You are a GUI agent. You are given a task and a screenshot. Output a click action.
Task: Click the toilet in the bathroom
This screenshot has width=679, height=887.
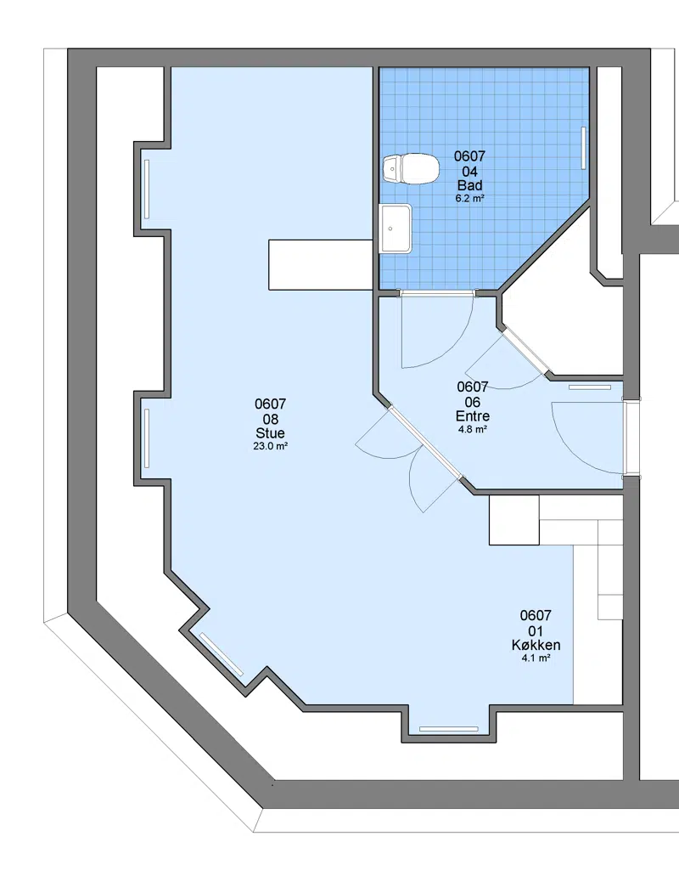tap(411, 169)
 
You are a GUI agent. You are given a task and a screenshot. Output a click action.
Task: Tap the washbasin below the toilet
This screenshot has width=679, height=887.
tap(396, 228)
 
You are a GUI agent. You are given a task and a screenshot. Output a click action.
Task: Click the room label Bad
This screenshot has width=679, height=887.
tap(470, 185)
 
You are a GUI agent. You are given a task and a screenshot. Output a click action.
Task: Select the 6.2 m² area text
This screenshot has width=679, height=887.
tap(470, 199)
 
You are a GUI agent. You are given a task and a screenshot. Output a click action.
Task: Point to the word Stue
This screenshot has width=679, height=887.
tap(270, 433)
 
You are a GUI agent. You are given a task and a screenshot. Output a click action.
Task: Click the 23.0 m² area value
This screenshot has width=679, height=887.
tap(271, 446)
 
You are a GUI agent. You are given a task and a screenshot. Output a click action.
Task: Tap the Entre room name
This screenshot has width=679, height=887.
tap(473, 416)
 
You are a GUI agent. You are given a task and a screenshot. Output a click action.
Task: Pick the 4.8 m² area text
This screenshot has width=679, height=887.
tap(473, 429)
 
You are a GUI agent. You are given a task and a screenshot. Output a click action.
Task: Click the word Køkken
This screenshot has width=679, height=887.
tap(536, 646)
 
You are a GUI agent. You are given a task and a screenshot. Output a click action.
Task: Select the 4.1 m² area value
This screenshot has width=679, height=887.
tap(536, 658)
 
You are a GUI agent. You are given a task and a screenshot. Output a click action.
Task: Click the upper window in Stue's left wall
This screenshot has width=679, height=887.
tap(147, 189)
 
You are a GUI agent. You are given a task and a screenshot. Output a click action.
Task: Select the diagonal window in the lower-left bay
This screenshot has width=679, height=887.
tap(222, 654)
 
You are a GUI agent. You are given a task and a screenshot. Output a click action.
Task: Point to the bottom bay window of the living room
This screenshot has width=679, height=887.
tap(449, 729)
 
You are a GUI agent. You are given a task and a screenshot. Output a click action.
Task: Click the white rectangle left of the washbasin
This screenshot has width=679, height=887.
tap(320, 265)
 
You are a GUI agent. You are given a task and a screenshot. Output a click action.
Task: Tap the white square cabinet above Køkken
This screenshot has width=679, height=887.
tap(514, 521)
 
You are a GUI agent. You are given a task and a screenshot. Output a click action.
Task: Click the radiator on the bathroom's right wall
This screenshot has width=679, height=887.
tap(584, 147)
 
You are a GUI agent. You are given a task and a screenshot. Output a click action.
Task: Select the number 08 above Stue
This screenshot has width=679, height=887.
tap(271, 419)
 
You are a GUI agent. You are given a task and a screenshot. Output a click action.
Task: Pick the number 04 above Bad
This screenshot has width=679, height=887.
tap(470, 172)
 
